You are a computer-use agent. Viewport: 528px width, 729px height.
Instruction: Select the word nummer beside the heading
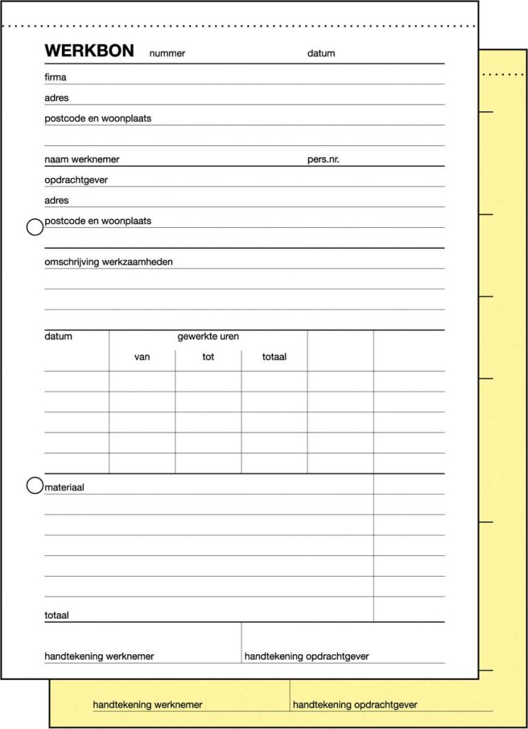pyautogui.click(x=167, y=53)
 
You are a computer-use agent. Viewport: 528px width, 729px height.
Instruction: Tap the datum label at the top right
pyautogui.click(x=321, y=53)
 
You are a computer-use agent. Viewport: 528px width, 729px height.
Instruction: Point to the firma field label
pyautogui.click(x=56, y=77)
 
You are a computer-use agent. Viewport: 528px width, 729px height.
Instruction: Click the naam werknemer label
pyautogui.click(x=82, y=159)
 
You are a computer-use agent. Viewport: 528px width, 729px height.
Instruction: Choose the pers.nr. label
pyautogui.click(x=323, y=159)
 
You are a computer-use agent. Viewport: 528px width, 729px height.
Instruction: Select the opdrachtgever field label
pyautogui.click(x=76, y=180)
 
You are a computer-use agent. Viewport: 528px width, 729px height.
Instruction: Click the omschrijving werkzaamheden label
pyautogui.click(x=108, y=262)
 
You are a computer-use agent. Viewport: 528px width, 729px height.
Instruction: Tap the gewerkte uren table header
pyautogui.click(x=208, y=337)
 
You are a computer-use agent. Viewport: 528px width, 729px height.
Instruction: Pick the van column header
pyautogui.click(x=142, y=357)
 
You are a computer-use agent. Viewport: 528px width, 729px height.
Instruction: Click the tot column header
pyautogui.click(x=208, y=357)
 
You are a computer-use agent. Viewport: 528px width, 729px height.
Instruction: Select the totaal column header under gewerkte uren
pyautogui.click(x=274, y=357)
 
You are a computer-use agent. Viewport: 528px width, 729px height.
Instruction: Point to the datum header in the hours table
pyautogui.click(x=58, y=337)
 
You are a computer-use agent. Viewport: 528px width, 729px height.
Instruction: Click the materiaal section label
pyautogui.click(x=64, y=487)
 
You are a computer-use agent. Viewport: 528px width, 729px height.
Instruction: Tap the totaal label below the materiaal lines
pyautogui.click(x=57, y=615)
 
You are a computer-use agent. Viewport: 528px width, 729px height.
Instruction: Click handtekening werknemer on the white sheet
pyautogui.click(x=99, y=656)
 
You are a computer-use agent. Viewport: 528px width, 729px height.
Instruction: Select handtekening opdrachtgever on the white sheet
pyautogui.click(x=307, y=656)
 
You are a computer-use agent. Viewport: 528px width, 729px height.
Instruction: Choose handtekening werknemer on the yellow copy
pyautogui.click(x=147, y=705)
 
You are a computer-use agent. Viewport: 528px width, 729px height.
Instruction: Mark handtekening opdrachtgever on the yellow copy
pyautogui.click(x=355, y=705)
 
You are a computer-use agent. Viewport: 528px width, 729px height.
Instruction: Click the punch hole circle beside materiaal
pyautogui.click(x=34, y=486)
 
